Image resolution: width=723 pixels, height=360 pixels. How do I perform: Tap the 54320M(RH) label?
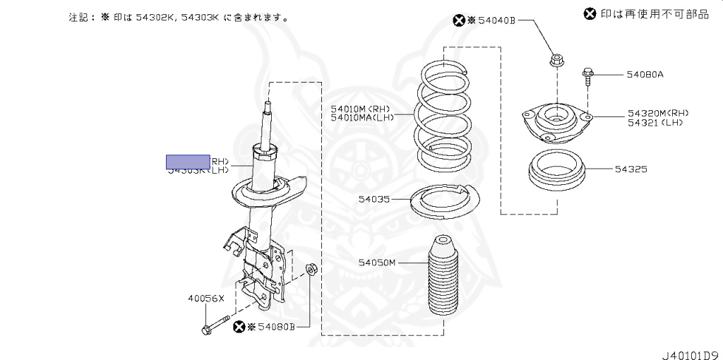(x=657, y=113)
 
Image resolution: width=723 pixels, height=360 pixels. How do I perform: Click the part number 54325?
(x=631, y=169)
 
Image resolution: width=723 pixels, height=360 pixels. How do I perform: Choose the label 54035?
(x=374, y=200)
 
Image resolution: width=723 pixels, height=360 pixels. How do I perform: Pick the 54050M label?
(x=377, y=263)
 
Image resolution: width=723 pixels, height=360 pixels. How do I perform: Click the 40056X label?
(x=205, y=299)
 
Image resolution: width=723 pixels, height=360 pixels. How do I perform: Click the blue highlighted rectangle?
(x=188, y=162)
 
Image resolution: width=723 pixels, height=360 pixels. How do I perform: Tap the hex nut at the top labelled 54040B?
(x=556, y=60)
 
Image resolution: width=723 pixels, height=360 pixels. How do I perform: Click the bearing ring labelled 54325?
(x=558, y=172)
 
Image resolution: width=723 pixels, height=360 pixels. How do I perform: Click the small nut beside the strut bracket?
(x=311, y=269)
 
